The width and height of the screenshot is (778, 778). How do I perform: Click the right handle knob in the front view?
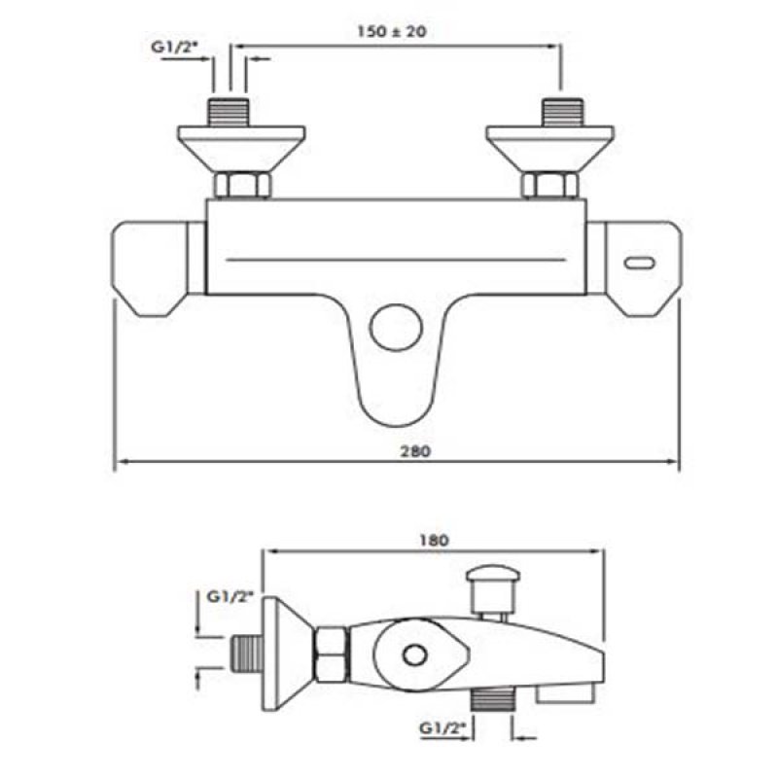click(x=640, y=268)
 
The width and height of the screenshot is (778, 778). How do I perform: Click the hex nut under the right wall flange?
click(x=548, y=185)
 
